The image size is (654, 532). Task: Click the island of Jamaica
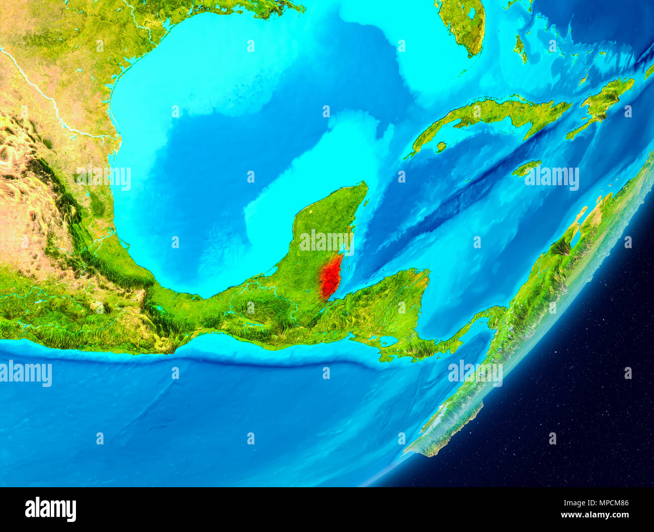[526, 168]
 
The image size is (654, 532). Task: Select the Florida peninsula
[465, 25]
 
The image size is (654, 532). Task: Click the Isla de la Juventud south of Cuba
[441, 147]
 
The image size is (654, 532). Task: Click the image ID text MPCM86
[610, 502]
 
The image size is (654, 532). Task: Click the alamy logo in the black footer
[50, 509]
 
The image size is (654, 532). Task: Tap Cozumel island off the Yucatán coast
[366, 202]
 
